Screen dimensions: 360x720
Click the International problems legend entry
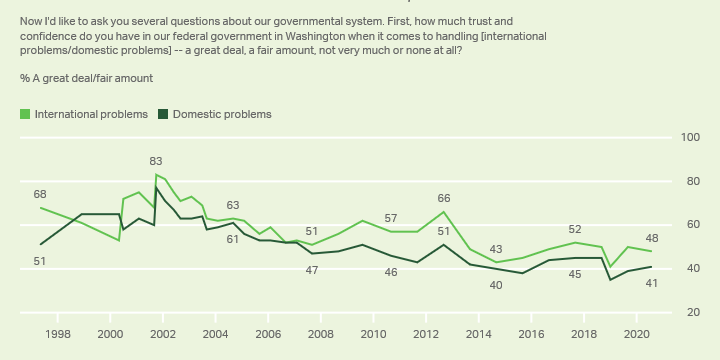[x=91, y=114]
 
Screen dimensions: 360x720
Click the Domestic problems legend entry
[x=222, y=114]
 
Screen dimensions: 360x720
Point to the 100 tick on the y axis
[x=689, y=137]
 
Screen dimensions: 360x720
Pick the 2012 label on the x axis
[x=426, y=334]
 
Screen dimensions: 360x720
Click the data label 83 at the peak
[x=156, y=161]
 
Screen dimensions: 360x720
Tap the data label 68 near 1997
[x=39, y=194]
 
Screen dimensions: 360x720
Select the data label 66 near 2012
[x=444, y=198]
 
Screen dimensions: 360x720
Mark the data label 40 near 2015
[x=496, y=285]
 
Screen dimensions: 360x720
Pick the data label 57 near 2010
[x=391, y=218]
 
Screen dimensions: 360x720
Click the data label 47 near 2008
[x=312, y=270]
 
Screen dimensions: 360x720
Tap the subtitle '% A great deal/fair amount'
[x=86, y=77]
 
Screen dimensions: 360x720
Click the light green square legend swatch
[x=25, y=114]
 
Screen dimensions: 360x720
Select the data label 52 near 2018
[x=575, y=229]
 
